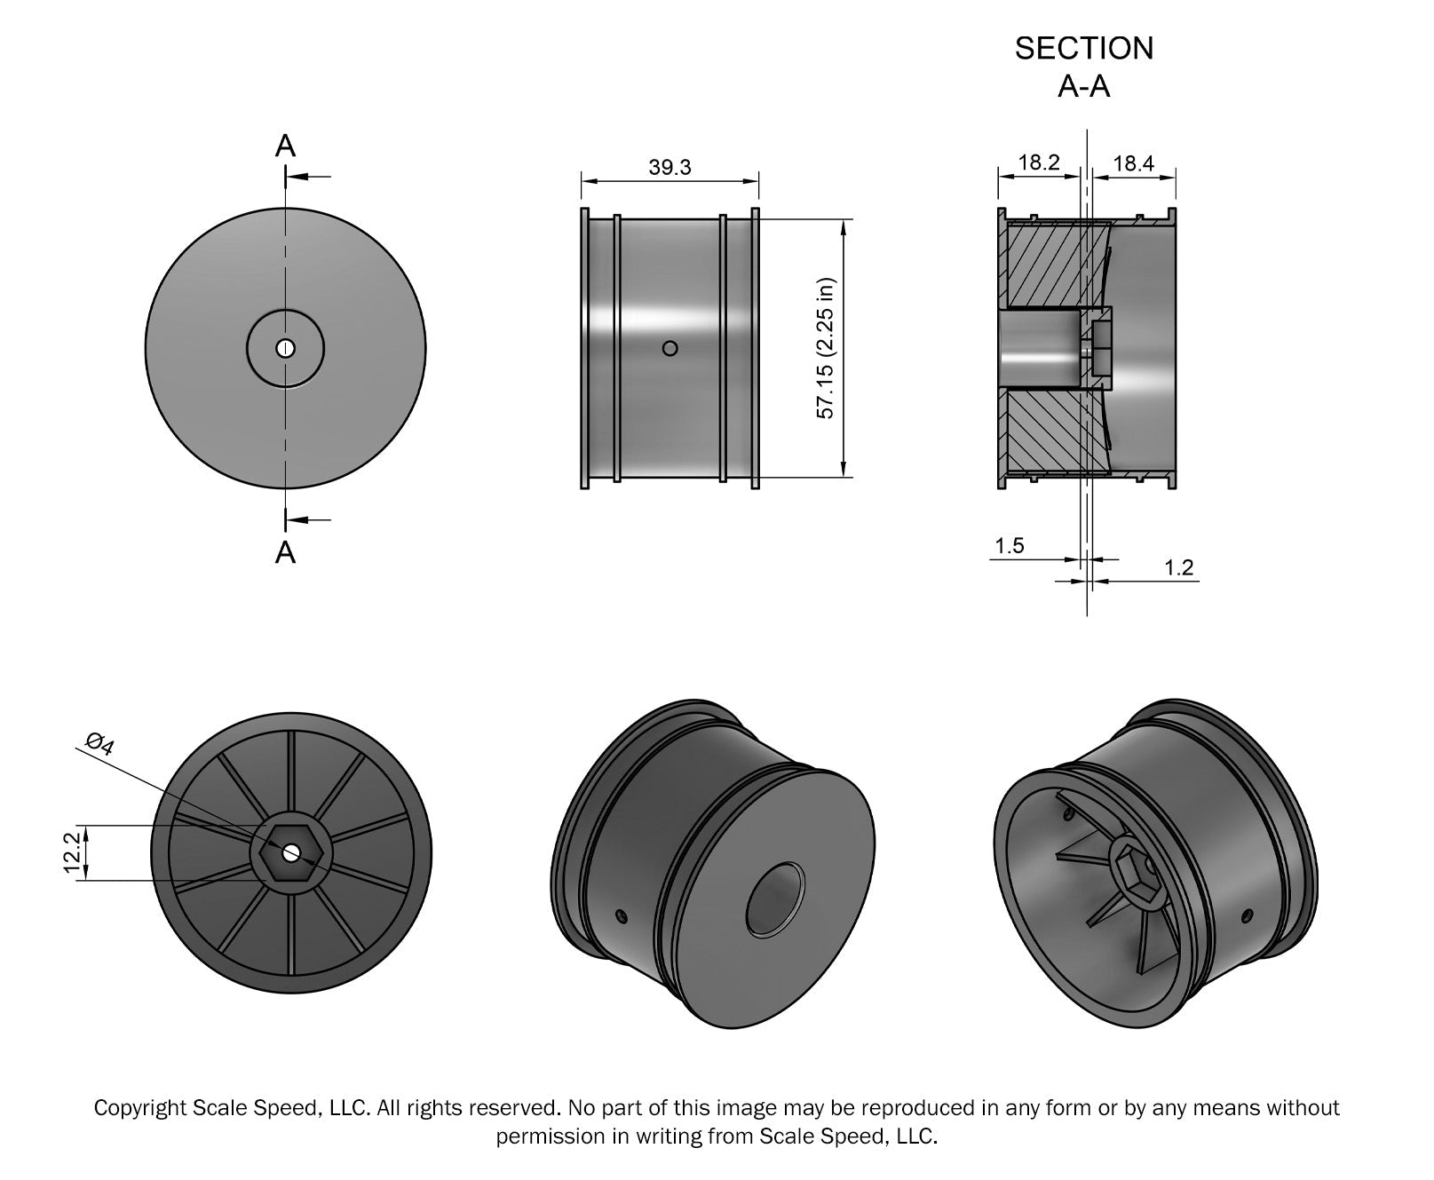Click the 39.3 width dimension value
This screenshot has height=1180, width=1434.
click(x=669, y=167)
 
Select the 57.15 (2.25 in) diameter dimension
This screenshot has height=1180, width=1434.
click(x=826, y=348)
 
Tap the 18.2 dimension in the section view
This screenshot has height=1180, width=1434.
click(x=1039, y=162)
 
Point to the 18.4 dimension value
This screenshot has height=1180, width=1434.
click(x=1133, y=162)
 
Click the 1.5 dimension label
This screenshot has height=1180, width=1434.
click(x=1010, y=545)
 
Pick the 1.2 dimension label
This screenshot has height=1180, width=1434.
click(x=1178, y=567)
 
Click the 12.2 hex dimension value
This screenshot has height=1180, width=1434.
click(x=73, y=852)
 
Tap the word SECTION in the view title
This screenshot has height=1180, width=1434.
click(x=1084, y=49)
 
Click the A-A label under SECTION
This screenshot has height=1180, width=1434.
click(x=1084, y=86)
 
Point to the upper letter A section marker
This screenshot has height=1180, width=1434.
click(x=285, y=146)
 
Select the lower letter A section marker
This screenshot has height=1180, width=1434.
click(x=285, y=552)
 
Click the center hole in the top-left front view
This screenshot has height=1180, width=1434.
click(x=285, y=348)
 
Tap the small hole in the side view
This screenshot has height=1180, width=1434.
click(x=670, y=348)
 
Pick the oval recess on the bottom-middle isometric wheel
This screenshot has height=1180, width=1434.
click(x=773, y=899)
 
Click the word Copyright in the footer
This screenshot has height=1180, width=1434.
click(x=140, y=1107)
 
